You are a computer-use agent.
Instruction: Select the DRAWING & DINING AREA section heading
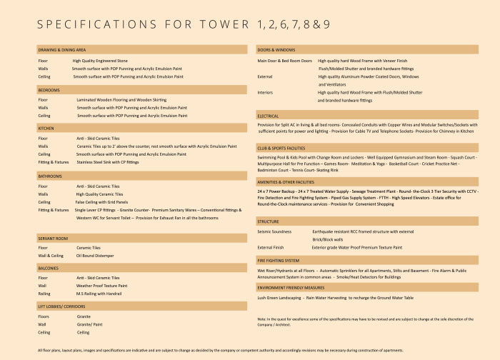[x=62, y=50]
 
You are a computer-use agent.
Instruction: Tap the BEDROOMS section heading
[x=49, y=90]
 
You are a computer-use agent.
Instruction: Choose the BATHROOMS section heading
[x=51, y=175]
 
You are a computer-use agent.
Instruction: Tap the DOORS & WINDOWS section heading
[x=276, y=50]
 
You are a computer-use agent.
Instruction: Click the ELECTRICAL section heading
[x=269, y=115]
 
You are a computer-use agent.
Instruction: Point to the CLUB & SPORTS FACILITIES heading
[x=289, y=147]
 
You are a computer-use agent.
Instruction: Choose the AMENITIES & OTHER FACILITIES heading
[x=295, y=181]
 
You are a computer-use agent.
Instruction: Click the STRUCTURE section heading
[x=269, y=221]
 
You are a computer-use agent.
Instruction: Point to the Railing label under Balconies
[x=44, y=293]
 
